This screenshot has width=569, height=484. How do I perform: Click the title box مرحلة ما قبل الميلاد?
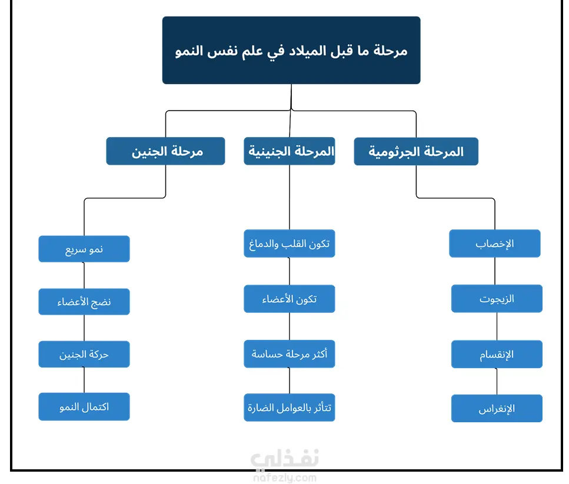pos(291,50)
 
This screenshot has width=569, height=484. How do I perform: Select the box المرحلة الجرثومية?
pos(416,151)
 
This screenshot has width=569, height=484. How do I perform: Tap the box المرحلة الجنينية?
pos(290,151)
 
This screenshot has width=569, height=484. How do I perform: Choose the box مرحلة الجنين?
pos(165,151)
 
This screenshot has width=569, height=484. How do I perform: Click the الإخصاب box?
pos(495,243)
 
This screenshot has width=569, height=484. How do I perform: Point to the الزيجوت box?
pos(497,298)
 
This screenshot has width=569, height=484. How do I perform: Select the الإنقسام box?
pos(497,354)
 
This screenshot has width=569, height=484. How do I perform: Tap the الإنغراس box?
pos(497,408)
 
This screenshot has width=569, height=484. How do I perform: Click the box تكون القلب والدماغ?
pos(290,243)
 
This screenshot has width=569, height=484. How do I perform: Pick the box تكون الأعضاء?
pos(290,299)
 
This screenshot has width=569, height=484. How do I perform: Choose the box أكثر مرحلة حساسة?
pos(290,354)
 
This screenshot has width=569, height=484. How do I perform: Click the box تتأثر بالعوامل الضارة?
pos(290,408)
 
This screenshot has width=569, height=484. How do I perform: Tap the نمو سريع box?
pos(84,249)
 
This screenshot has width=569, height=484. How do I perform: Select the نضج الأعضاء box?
pos(84,302)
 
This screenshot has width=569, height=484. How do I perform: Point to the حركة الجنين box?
pos(84,354)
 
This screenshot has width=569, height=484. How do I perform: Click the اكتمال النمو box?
pos(84,406)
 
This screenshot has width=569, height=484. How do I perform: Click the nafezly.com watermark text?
pos(285,478)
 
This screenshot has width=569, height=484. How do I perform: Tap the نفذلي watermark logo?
pos(285,458)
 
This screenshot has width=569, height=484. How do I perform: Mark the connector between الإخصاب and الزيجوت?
pos(495,271)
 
